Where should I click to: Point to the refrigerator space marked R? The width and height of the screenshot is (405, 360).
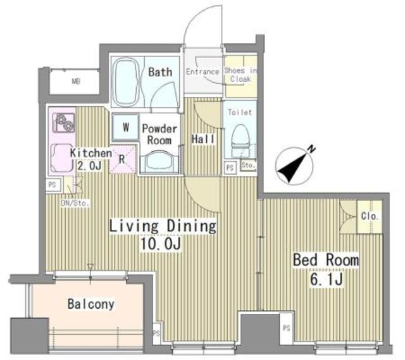(x=121, y=159)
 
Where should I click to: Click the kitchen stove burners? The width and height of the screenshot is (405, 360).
(x=63, y=123)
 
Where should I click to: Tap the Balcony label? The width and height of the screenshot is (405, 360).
(x=91, y=304)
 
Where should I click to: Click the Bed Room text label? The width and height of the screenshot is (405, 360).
(x=325, y=260)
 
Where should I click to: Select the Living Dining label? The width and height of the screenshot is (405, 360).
(x=163, y=225)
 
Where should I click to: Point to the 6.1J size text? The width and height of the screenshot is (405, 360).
(x=327, y=278)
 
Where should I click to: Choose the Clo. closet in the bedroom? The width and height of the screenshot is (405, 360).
(x=370, y=216)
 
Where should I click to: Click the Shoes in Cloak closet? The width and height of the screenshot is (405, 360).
(x=241, y=75)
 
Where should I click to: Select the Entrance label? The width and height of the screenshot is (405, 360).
(x=202, y=71)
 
